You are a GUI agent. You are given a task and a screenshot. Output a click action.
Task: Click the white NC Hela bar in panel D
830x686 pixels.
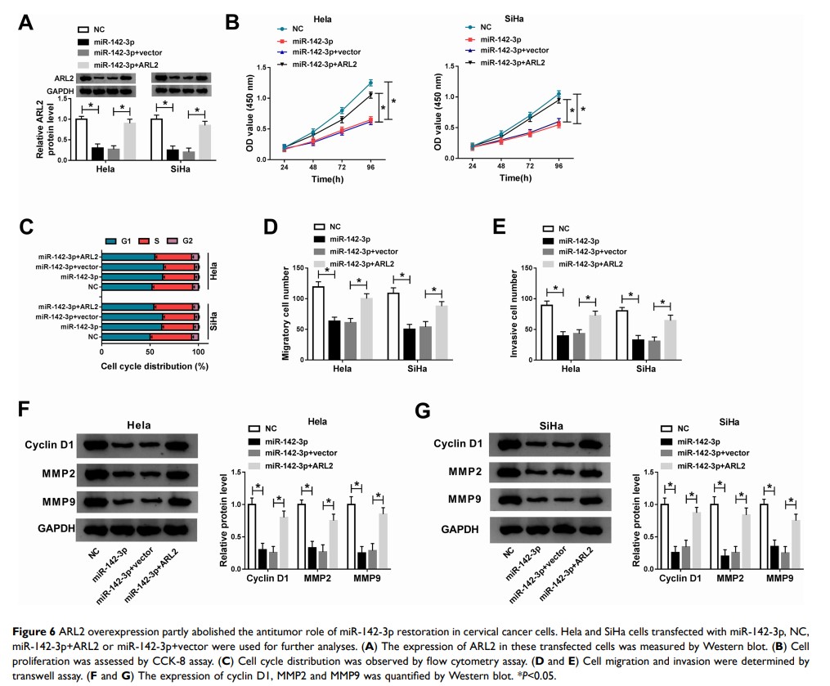(318, 324)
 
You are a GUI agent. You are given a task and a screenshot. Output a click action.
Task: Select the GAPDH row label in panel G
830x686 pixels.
(460, 528)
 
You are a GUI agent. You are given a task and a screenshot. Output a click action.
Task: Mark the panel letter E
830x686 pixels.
(513, 228)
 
